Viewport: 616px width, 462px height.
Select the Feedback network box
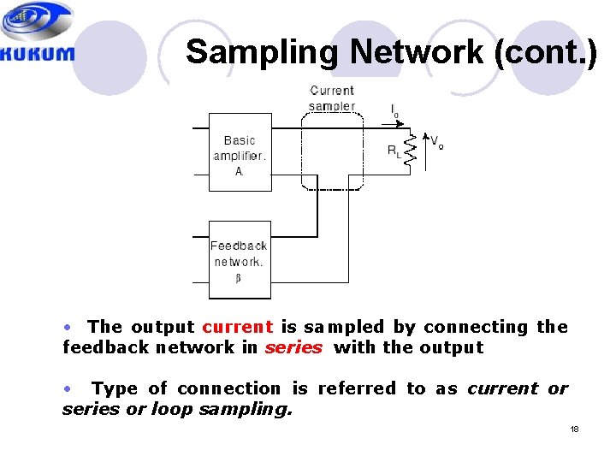(x=240, y=259)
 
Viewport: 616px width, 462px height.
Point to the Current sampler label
(x=332, y=98)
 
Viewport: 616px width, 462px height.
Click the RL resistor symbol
(x=410, y=151)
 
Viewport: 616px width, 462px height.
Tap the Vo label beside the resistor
(x=436, y=142)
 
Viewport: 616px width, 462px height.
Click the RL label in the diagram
(x=394, y=151)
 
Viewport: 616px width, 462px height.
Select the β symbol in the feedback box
(x=238, y=278)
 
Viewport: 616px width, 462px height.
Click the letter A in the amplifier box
(x=239, y=171)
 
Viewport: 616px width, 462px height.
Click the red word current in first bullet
(x=238, y=327)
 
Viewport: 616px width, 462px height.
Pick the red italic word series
(x=293, y=347)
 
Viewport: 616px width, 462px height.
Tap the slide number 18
(x=575, y=429)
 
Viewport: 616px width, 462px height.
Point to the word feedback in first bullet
(x=97, y=347)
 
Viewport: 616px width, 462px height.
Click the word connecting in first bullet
(x=477, y=327)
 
